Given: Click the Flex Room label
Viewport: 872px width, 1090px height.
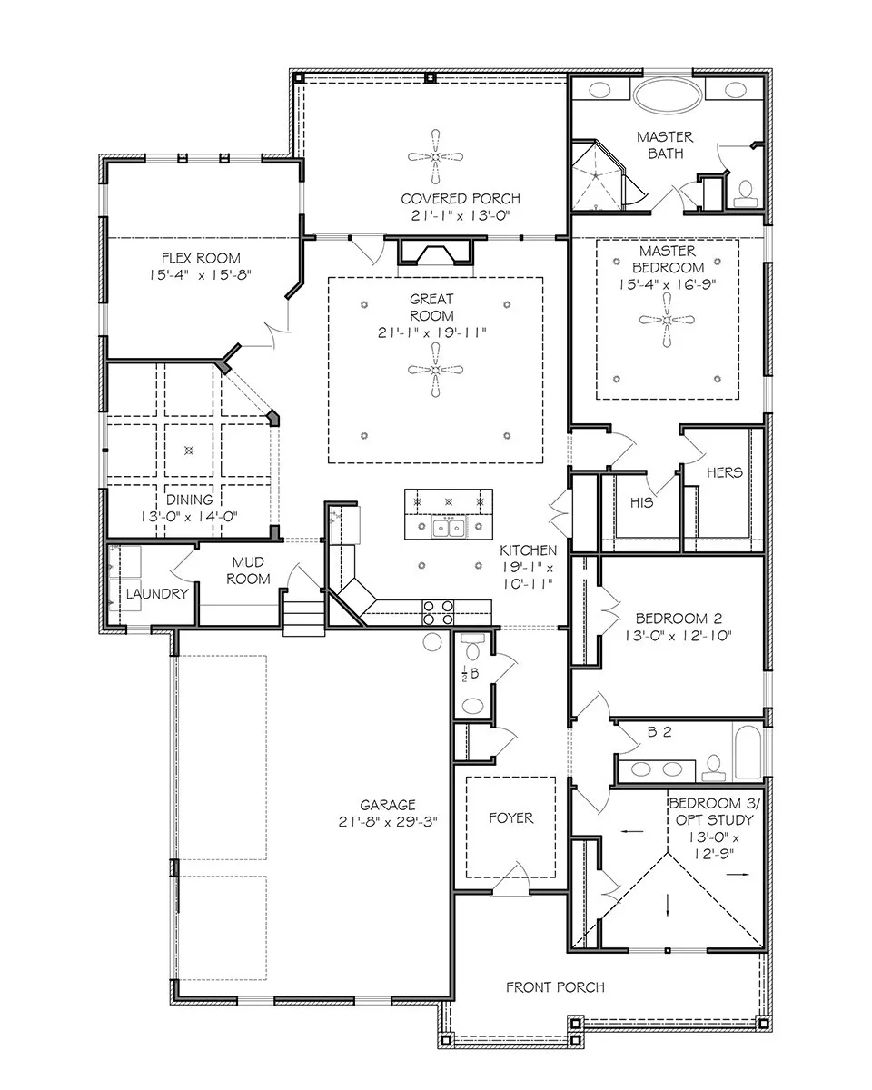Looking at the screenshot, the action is click(x=201, y=258).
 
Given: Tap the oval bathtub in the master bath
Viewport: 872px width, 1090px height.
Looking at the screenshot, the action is click(x=668, y=96).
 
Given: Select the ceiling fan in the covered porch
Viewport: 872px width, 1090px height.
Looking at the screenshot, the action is click(x=435, y=157).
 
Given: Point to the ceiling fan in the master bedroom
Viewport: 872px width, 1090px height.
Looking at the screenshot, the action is click(x=667, y=320).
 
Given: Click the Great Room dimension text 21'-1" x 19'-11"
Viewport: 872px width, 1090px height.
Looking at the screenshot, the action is click(x=431, y=332).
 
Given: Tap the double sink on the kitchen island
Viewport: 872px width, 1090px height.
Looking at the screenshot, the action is click(x=449, y=527).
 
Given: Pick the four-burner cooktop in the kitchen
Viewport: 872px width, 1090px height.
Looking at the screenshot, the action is click(x=439, y=612).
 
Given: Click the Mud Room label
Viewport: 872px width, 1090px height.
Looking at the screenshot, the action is click(x=248, y=570).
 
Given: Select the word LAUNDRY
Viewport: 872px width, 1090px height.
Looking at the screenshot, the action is click(x=157, y=594).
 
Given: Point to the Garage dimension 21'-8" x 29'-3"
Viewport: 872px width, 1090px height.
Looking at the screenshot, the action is click(x=388, y=821).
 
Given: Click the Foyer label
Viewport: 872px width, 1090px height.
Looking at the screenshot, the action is click(x=510, y=818).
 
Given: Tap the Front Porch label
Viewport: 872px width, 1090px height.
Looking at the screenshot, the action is click(x=555, y=987).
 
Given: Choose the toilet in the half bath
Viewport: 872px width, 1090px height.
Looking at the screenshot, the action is click(x=472, y=648).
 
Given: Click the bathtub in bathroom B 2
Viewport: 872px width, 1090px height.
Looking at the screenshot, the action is click(x=747, y=752).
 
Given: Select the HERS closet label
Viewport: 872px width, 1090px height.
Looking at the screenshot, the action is click(x=725, y=472).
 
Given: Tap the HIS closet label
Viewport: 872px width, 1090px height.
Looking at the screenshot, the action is click(x=641, y=502).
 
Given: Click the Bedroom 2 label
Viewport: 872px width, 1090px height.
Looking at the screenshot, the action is click(x=679, y=619).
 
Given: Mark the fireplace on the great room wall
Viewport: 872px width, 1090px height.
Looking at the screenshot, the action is click(x=435, y=252).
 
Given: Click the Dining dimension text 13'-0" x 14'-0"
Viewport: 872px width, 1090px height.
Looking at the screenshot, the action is click(x=189, y=517).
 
